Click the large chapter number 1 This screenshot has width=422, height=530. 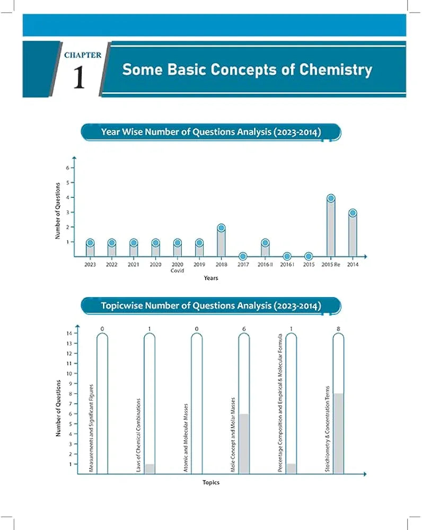pos(78,77)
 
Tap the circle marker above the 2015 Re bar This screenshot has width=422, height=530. pos(331,198)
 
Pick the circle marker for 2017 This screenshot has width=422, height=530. pos(243,257)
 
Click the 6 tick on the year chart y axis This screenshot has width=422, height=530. pos(67,167)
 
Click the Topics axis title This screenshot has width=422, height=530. pos(210,482)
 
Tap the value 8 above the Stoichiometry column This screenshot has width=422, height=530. pos(338,329)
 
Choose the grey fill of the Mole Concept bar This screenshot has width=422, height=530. pos(244,444)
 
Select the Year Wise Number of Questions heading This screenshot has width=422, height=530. pos(210,131)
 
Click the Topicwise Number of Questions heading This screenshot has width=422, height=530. pos(210,306)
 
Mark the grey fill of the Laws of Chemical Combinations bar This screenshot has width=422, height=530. pos(150,469)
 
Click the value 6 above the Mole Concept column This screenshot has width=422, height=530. pos(244,329)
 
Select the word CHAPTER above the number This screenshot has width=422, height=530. pos(83,55)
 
